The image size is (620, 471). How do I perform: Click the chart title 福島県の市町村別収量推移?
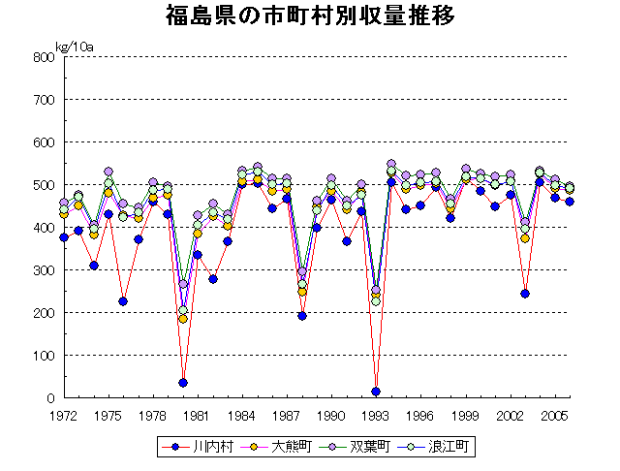310,16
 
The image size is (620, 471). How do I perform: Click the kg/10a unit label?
74,46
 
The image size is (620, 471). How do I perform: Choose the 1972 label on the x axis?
64,415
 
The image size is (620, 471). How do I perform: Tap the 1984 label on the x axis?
242,415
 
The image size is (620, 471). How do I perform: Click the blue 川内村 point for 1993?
376,392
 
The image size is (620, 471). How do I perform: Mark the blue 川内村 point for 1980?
183,383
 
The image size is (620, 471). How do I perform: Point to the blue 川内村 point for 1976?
123,301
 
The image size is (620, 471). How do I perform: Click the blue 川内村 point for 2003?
525,294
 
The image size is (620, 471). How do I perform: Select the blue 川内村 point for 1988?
302,316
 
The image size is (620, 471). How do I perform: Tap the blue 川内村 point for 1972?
64,237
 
